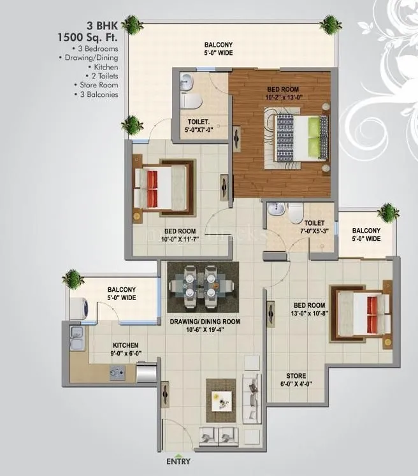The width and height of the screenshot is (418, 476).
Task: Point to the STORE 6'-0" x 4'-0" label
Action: coord(295,380)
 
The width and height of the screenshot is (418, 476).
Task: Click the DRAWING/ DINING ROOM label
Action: coord(205,326)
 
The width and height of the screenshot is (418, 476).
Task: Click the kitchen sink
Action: coord(76,338)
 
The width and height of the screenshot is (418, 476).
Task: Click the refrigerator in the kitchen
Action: coord(146,372)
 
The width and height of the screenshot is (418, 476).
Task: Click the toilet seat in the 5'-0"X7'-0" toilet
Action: coord(189,100)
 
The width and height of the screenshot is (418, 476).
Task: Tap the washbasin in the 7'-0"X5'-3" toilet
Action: coord(275,209)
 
